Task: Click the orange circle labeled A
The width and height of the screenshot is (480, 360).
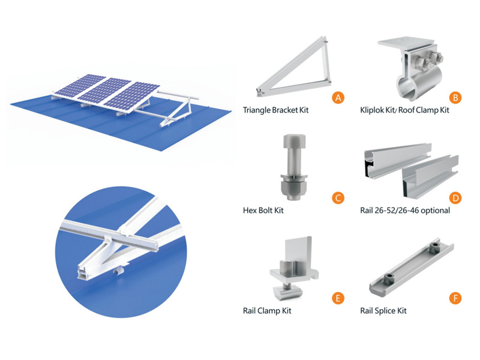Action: pos(338,98)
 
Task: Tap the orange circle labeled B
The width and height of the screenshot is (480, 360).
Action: pos(455,98)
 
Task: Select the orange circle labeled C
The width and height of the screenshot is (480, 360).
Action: pos(338,198)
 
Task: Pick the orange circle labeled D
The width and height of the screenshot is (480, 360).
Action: pos(455,198)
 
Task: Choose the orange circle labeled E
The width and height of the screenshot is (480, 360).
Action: pos(338,298)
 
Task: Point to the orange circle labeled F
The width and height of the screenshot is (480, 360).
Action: pos(455,298)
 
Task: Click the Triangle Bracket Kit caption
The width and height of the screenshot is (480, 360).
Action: pos(275,110)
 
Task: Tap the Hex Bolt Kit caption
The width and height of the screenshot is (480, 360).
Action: pos(263,211)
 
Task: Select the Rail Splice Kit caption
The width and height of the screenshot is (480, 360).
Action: pos(383,311)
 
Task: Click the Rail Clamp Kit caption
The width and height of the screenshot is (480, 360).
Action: pos(267,311)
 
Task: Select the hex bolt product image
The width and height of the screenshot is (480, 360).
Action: pos(293,167)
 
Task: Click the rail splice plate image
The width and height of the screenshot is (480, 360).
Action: pos(412,267)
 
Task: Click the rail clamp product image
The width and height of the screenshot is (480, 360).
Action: pos(294,268)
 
